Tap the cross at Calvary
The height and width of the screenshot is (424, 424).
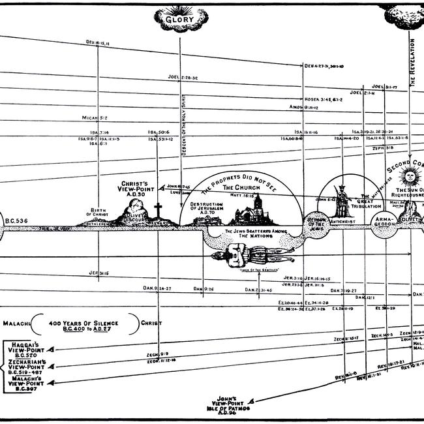click(157, 211)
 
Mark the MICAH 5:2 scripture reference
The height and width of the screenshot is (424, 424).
click(94, 118)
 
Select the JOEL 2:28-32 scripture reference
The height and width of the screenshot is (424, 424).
click(182, 95)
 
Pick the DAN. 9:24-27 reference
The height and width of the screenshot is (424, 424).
click(157, 288)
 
